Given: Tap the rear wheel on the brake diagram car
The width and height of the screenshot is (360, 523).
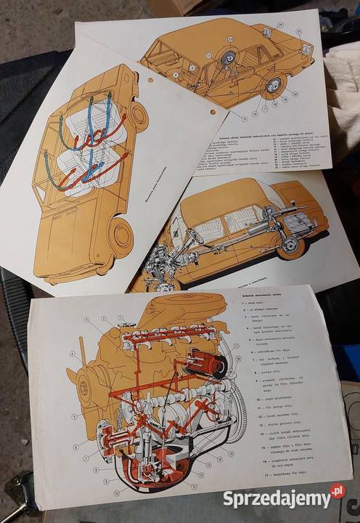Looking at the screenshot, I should pos(274,86).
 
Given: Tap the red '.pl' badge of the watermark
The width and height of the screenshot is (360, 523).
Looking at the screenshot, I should pos(337,492).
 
